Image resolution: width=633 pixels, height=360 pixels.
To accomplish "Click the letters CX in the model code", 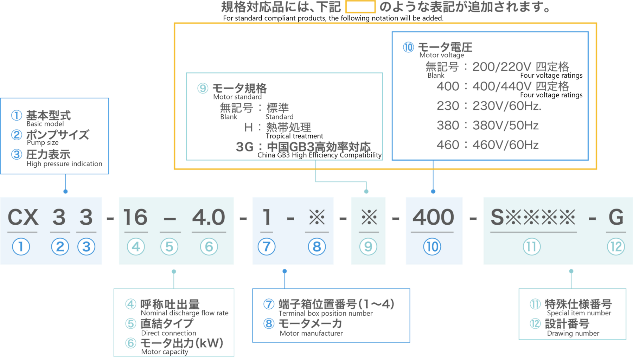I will pos(23,217).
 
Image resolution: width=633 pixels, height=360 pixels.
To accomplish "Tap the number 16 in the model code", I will pos(135,217).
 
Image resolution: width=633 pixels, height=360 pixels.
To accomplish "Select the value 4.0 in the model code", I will pos(209,217).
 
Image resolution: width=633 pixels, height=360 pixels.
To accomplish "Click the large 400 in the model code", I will pos(433,217).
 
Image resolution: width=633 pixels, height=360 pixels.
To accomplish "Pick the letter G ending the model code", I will pos(616,217).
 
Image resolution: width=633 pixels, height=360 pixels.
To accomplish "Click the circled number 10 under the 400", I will pos(432,247).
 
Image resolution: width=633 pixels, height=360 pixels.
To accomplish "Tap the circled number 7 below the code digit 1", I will pos(267,247).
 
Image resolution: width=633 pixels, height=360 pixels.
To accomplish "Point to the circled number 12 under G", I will pos(616,247).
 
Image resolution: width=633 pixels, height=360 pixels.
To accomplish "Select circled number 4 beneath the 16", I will pos(136,247).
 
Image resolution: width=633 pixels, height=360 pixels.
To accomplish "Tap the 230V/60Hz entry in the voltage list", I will pos(506,106).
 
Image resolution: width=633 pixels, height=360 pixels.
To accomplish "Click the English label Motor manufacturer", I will pos(311,333).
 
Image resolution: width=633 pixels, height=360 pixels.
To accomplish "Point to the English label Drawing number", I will pos(573,333).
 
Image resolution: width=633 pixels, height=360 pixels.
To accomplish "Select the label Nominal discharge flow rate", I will pos(184,313).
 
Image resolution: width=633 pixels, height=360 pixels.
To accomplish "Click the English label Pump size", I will pos(43,143).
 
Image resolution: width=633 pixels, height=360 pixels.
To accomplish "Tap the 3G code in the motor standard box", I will pos(244,147).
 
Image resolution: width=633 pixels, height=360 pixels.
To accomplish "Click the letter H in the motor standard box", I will pos(248,127).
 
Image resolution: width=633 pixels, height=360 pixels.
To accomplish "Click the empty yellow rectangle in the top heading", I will pos(360,7).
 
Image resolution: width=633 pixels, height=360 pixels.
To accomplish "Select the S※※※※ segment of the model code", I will pos(533,217).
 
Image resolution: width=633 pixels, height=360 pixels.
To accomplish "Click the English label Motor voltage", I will pos(441,55).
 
